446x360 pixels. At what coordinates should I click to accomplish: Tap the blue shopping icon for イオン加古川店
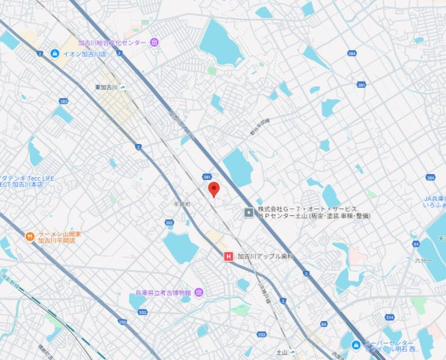pos(55,54)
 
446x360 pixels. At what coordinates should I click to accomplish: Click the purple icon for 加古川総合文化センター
pos(154,42)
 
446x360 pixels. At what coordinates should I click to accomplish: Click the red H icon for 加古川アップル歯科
pos(229,256)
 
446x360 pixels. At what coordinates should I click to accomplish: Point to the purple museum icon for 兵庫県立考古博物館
pos(197,292)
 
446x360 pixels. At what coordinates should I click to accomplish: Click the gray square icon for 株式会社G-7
pos(249,213)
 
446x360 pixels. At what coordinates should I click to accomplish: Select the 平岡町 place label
pos(182,203)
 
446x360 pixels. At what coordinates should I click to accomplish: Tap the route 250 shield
pos(121,322)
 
